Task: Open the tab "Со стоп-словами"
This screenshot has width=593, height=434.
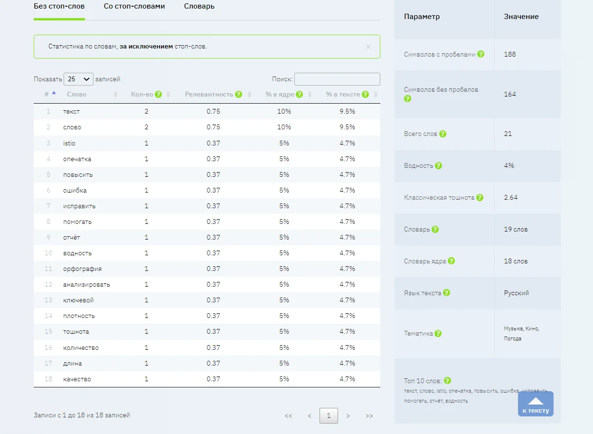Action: click(134, 7)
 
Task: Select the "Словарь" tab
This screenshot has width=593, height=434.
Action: click(199, 7)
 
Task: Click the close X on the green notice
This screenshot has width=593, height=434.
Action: click(368, 47)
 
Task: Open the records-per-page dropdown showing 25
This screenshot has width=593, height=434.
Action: click(78, 79)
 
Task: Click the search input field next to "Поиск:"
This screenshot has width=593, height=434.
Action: click(337, 79)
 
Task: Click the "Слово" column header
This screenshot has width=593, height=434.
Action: click(77, 95)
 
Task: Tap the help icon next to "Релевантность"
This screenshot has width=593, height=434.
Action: click(238, 94)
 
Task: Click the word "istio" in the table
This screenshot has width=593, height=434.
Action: click(69, 143)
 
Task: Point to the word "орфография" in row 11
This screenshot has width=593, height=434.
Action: click(82, 269)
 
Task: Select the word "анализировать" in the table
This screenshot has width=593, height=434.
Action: click(86, 285)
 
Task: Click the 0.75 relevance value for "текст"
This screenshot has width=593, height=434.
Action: click(213, 112)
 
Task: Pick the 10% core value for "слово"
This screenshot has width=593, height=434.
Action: click(284, 127)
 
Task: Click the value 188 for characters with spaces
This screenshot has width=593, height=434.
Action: click(510, 55)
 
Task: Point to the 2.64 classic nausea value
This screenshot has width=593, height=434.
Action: click(511, 198)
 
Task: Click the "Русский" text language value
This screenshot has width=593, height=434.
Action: click(517, 293)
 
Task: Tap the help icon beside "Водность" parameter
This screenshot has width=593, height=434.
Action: click(438, 166)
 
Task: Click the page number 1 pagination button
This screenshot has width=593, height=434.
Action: click(329, 416)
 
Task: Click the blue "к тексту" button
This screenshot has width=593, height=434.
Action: click(536, 404)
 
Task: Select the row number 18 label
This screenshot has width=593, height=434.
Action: click(48, 379)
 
